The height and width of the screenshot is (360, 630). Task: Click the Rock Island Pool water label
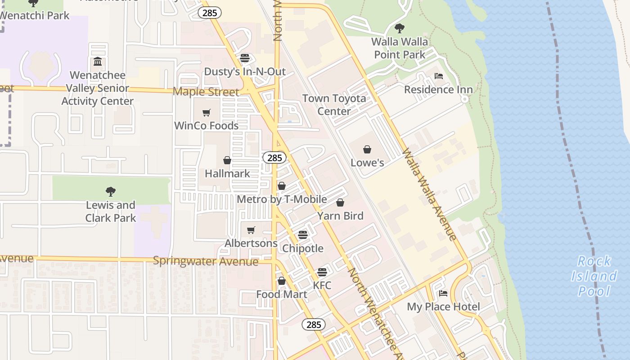pos(594,276)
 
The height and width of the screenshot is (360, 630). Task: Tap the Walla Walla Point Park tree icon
pos(399,28)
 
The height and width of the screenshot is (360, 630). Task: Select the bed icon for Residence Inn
pos(439,76)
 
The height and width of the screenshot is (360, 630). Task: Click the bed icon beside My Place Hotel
pos(443,294)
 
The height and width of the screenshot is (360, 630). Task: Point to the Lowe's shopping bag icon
pos(367,149)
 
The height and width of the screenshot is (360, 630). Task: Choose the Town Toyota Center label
pos(334,104)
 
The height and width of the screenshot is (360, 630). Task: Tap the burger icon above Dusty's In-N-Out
pos(245,58)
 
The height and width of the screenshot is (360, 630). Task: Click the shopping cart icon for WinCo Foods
pos(207,112)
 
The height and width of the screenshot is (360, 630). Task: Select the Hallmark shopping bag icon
pos(227,160)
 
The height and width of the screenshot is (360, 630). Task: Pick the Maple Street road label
pos(206,92)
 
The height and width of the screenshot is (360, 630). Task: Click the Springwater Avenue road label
pos(206,261)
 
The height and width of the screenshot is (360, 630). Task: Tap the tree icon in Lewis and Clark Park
pos(111,192)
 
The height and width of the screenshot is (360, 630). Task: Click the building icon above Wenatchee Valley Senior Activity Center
pos(98,62)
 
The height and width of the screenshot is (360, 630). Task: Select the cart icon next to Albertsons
pos(251,230)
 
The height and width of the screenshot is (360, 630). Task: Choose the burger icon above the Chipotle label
pos(303,235)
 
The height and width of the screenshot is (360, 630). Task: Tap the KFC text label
pos(322,285)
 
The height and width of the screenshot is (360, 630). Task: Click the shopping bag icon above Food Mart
pos(282,281)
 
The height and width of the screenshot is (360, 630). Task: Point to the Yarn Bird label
pos(340,216)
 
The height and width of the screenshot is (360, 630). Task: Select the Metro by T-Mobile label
pos(282,199)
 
